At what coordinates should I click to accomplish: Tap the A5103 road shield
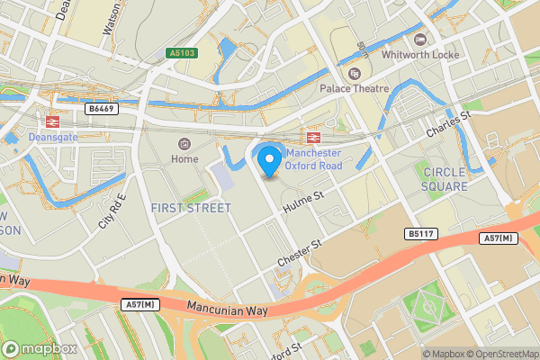pos(182,53)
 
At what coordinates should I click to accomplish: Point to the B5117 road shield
pos(420,233)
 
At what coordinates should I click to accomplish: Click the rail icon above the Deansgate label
pos(52,121)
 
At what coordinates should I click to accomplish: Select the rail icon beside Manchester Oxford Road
pos(314,138)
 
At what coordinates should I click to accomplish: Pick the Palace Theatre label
pos(355,89)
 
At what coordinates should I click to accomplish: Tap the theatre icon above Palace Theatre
pos(355,73)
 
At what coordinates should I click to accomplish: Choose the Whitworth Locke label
pos(419,55)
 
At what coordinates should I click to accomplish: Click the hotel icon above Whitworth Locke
pos(419,39)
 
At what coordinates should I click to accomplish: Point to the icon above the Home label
pos(184,143)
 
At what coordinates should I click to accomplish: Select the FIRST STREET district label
pos(190,208)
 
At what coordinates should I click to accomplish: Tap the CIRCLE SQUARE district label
pos(445,178)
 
